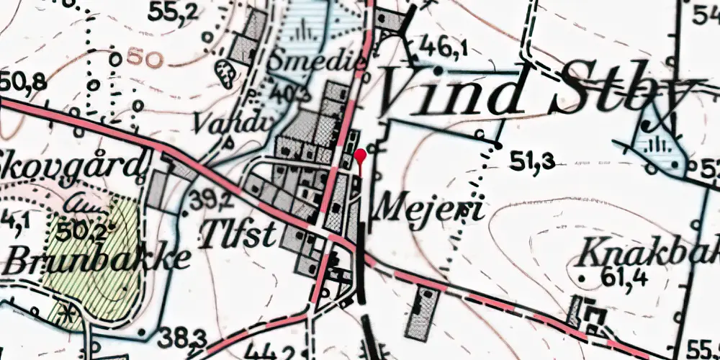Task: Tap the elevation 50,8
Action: tap(23, 81)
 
